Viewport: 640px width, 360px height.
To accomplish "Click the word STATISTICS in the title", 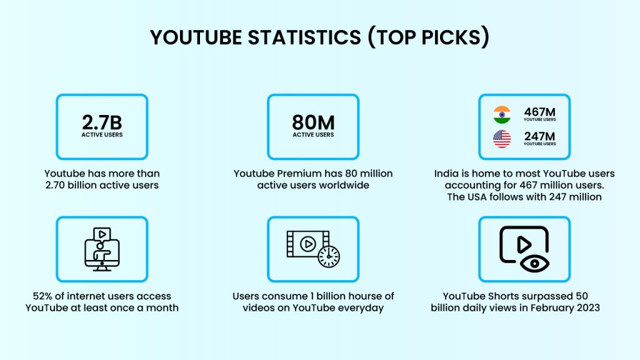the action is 304,37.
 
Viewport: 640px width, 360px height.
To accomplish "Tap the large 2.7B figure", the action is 102,122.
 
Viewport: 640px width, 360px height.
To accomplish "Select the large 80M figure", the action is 313,122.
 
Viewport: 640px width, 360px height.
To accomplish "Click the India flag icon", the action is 502,115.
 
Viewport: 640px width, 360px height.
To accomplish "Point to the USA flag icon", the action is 502,139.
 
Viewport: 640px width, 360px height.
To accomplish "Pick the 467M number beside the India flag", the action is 539,112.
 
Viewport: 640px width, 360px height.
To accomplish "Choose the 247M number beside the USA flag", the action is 539,136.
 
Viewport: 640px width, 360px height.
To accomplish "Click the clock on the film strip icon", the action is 329,257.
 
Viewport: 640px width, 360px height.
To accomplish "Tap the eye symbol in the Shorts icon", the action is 535,264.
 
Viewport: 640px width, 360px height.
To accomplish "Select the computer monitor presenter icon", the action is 102,249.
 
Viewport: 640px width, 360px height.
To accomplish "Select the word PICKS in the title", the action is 451,37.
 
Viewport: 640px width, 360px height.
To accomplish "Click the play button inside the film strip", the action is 307,244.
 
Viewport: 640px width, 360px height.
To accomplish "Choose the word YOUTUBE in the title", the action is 196,37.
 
